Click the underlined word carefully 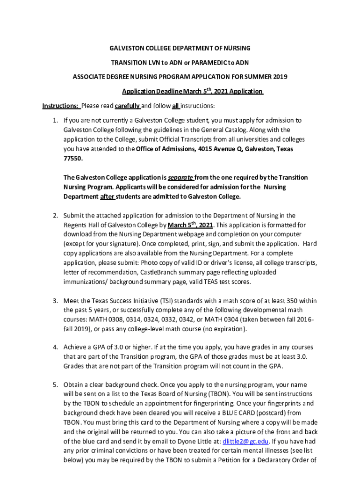[128, 106]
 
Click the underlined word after [108, 196]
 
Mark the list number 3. [55, 300]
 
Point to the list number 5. [55, 385]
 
